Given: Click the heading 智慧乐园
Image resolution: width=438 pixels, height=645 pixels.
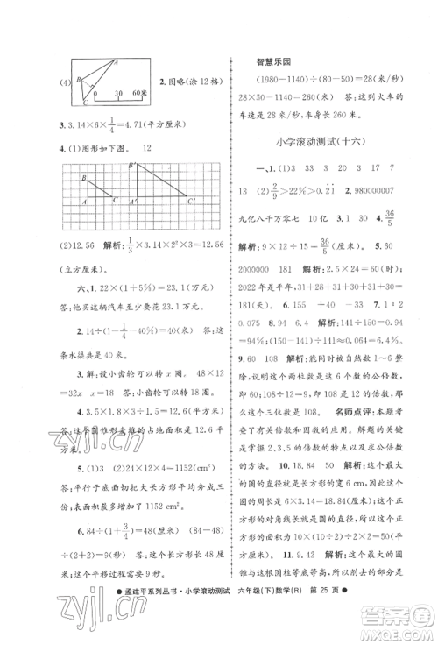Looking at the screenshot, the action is click(x=273, y=61).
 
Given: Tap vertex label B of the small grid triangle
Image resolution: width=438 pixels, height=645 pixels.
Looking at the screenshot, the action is click(x=84, y=178).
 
